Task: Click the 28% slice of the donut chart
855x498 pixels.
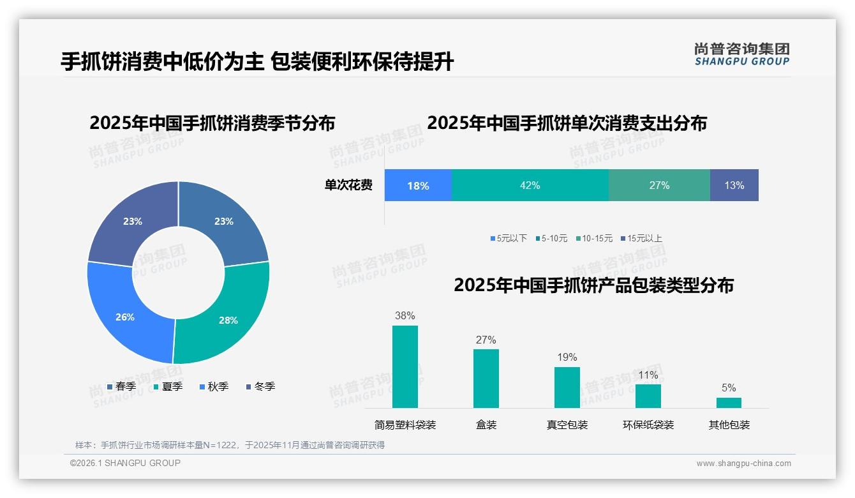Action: [x=227, y=313]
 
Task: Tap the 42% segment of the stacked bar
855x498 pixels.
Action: [x=530, y=185]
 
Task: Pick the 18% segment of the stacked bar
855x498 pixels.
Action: [x=418, y=185]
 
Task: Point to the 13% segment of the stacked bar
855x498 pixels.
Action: [x=734, y=185]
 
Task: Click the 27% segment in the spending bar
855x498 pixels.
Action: [x=659, y=185]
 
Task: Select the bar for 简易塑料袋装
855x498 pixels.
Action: [x=405, y=366]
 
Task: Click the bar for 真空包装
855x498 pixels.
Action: [x=567, y=387]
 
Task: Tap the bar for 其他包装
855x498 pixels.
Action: [x=729, y=402]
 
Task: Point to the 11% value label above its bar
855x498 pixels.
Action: [x=648, y=375]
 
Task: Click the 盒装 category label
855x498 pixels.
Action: [x=486, y=425]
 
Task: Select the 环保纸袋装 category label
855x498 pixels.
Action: [x=648, y=425]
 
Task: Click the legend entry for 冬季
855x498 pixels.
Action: [x=260, y=386]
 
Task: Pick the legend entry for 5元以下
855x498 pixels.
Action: [x=509, y=238]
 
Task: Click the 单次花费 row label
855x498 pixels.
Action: [x=348, y=185]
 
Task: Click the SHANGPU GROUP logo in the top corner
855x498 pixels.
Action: [x=741, y=54]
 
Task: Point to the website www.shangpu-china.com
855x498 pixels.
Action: [x=743, y=463]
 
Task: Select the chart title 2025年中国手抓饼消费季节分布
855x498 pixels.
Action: [x=212, y=123]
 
